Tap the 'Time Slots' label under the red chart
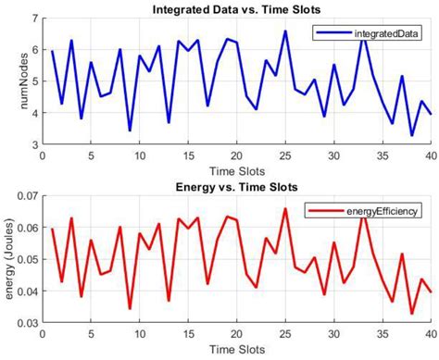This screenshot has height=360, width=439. [237, 352]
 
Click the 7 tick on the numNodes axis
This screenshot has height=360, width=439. [33, 19]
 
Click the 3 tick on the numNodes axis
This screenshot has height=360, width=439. [33, 144]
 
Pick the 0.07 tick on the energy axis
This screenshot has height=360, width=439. [27, 197]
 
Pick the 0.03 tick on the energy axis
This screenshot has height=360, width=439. [27, 323]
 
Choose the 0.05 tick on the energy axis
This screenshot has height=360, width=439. [27, 260]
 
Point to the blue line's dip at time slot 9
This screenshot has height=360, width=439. [130, 130]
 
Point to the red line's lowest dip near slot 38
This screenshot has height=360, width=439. [412, 314]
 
